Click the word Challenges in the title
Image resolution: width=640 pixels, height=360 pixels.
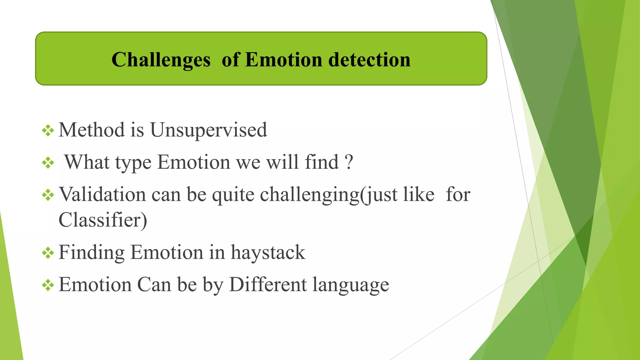tap(161, 60)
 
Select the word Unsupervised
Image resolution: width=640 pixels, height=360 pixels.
tap(208, 130)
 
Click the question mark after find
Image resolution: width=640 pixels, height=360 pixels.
tap(349, 162)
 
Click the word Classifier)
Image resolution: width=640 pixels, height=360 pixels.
tap(102, 220)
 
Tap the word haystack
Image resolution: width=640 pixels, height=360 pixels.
tap(268, 252)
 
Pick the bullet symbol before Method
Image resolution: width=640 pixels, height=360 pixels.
tap(48, 130)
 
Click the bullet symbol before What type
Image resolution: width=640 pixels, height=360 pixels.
tap(48, 163)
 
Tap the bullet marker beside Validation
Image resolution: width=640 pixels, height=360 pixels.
tap(48, 195)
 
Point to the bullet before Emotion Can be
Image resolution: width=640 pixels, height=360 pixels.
tap(48, 285)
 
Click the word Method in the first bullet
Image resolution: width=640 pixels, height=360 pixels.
tap(92, 130)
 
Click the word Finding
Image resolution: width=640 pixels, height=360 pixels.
tap(92, 252)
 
